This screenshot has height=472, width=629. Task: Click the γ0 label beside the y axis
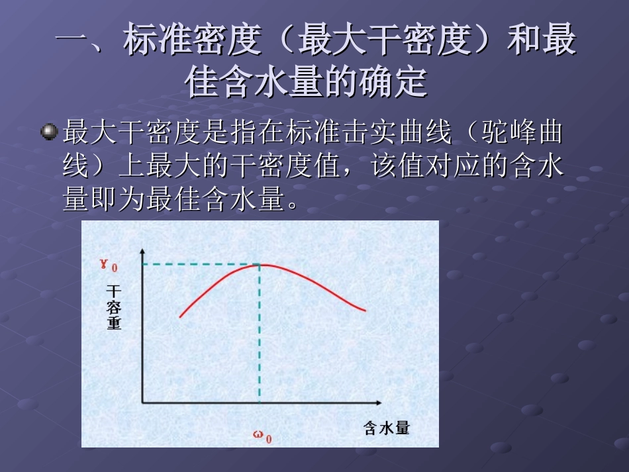[109, 265]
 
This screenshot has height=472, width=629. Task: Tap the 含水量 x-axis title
[387, 428]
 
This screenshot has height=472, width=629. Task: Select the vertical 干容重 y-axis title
[115, 308]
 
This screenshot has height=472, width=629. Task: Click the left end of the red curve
[180, 317]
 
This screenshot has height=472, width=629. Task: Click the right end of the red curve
[365, 310]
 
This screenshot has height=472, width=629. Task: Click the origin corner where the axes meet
[142, 402]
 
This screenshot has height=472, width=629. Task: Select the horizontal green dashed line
[199, 265]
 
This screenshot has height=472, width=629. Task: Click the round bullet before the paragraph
[49, 133]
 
